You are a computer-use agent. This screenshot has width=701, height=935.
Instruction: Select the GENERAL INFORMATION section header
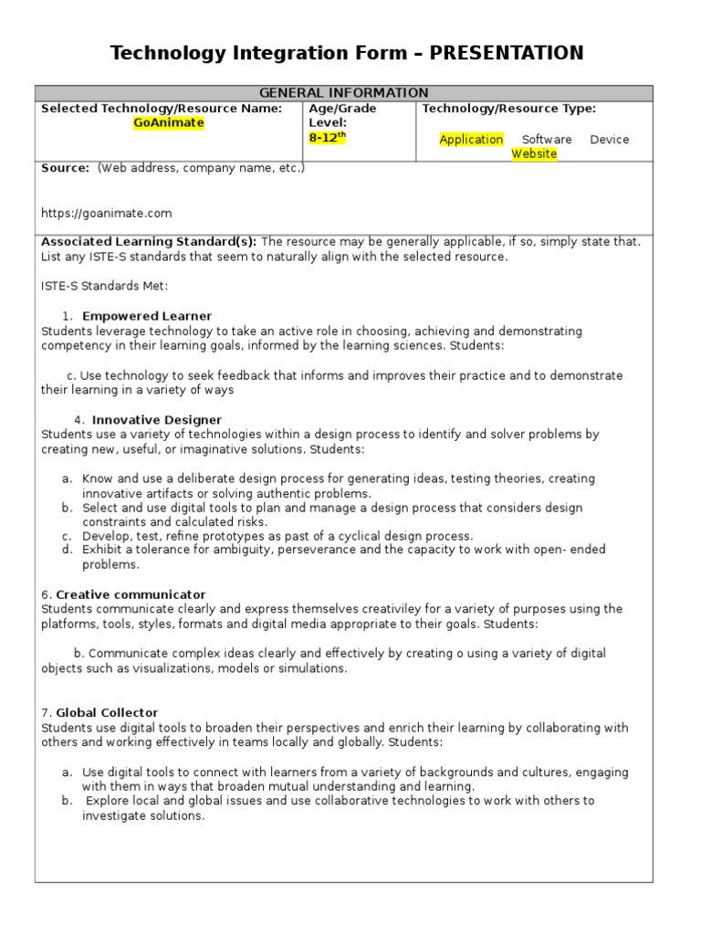[344, 93]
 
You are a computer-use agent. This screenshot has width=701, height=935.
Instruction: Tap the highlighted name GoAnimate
[169, 123]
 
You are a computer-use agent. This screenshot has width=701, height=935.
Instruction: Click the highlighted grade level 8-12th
[328, 138]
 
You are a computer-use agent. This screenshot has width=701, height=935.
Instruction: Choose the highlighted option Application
[471, 140]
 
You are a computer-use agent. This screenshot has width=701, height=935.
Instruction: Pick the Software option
[547, 140]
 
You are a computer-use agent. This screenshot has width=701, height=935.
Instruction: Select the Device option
[609, 140]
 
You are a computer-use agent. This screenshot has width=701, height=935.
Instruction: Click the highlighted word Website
[534, 154]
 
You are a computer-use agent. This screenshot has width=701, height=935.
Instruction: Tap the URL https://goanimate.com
[107, 214]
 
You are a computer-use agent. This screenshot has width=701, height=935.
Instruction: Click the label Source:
[66, 168]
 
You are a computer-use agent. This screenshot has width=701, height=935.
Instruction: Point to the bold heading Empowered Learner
[147, 316]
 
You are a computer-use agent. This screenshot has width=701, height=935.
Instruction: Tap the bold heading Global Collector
[107, 712]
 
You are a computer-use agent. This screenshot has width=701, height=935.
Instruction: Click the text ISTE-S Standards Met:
[105, 287]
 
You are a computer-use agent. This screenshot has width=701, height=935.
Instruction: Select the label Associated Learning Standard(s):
[149, 242]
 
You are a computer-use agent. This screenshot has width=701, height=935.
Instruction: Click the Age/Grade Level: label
[342, 115]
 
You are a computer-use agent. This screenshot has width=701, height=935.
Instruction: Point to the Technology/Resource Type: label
[508, 109]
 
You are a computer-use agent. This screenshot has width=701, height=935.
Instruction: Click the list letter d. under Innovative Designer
[67, 550]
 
